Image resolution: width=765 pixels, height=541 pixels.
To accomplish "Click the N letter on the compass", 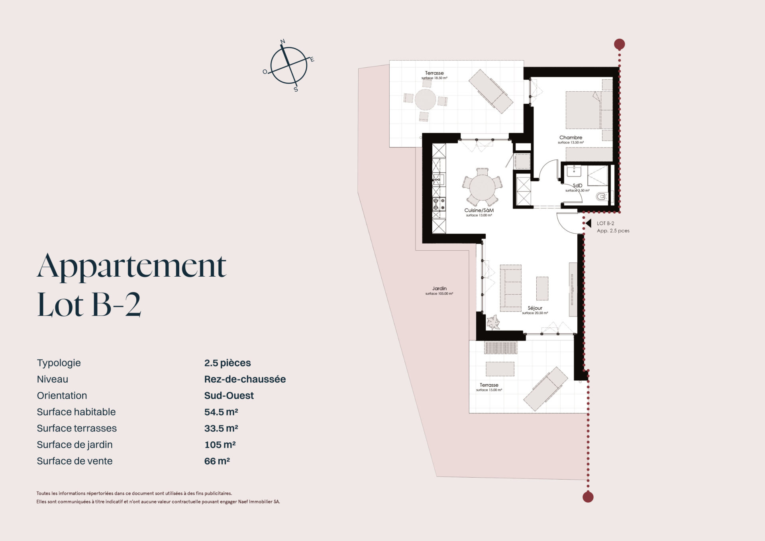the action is pyautogui.click(x=283, y=41).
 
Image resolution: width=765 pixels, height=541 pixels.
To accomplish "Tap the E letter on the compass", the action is pyautogui.click(x=312, y=60).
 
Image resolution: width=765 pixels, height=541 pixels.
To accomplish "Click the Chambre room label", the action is pyautogui.click(x=571, y=138).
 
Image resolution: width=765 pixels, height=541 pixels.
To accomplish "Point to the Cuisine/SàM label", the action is pyautogui.click(x=479, y=210).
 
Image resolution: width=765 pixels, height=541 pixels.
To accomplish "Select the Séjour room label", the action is pyautogui.click(x=535, y=308).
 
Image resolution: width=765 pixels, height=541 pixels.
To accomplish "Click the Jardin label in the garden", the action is pyautogui.click(x=439, y=288).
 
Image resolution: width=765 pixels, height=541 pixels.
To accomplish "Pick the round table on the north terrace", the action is pyautogui.click(x=425, y=100).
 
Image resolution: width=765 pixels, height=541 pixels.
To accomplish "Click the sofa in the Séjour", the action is pyautogui.click(x=510, y=288).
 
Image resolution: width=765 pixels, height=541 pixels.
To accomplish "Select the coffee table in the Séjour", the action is pyautogui.click(x=542, y=288).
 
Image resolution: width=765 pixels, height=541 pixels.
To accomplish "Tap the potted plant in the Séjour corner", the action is pyautogui.click(x=494, y=322).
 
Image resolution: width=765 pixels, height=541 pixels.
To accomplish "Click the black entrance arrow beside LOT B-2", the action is pyautogui.click(x=588, y=224).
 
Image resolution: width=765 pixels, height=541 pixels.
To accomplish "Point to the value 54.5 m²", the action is pyautogui.click(x=221, y=412).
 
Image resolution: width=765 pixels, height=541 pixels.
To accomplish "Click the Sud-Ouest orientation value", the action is pyautogui.click(x=229, y=395).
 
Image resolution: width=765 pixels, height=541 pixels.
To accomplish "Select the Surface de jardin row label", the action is pyautogui.click(x=75, y=445).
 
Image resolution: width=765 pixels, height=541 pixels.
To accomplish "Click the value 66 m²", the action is pyautogui.click(x=217, y=461).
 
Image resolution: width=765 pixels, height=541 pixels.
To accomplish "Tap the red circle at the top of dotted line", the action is pyautogui.click(x=619, y=44).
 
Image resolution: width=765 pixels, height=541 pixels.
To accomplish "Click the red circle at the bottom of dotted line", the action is pyautogui.click(x=588, y=497).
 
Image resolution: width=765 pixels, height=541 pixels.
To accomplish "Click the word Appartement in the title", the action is pyautogui.click(x=132, y=266).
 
